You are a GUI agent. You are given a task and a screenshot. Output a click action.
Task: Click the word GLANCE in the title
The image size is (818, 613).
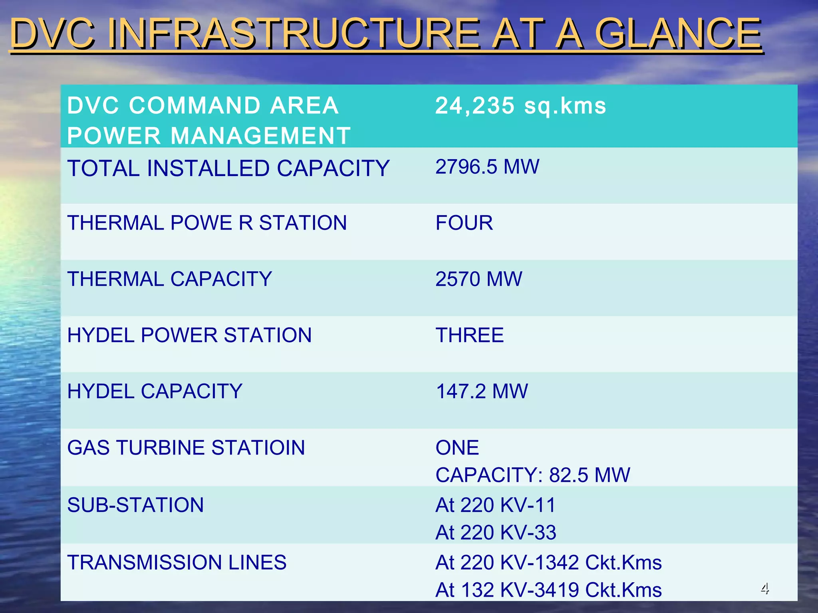click(677, 33)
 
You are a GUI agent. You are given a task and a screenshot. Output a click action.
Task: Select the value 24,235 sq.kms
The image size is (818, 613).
click(520, 106)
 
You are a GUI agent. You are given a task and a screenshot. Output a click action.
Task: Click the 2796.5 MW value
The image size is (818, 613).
click(487, 167)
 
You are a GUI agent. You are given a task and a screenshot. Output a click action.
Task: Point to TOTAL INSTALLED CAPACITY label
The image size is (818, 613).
click(228, 168)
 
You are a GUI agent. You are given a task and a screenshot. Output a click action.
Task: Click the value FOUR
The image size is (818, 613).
click(464, 223)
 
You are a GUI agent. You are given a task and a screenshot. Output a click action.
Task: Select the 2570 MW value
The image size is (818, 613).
click(478, 279)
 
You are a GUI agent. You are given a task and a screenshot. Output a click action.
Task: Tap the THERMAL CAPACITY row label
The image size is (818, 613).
click(169, 279)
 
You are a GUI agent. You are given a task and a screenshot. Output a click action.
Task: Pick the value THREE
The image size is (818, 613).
click(470, 335)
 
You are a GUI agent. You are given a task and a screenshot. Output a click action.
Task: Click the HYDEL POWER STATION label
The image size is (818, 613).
click(189, 335)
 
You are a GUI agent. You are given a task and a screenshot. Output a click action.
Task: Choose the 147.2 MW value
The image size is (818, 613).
click(482, 392)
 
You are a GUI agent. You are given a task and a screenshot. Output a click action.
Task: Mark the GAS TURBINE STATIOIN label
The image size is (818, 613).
click(186, 448)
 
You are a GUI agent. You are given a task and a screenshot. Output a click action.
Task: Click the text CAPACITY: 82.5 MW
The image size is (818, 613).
click(533, 475)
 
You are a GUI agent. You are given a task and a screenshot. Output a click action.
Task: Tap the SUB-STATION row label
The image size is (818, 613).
click(135, 505)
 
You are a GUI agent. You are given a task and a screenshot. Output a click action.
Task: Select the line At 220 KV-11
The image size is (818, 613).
click(495, 505)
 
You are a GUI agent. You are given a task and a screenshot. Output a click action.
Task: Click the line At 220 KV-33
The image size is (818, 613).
click(495, 533)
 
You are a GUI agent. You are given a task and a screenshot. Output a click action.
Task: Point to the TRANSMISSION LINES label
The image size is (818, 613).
click(177, 563)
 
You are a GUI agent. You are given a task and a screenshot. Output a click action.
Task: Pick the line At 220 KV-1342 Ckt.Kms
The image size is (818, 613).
click(548, 563)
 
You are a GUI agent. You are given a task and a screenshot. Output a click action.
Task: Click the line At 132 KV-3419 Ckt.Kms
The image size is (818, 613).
click(548, 590)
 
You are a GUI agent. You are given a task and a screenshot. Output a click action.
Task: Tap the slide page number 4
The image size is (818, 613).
click(764, 588)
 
